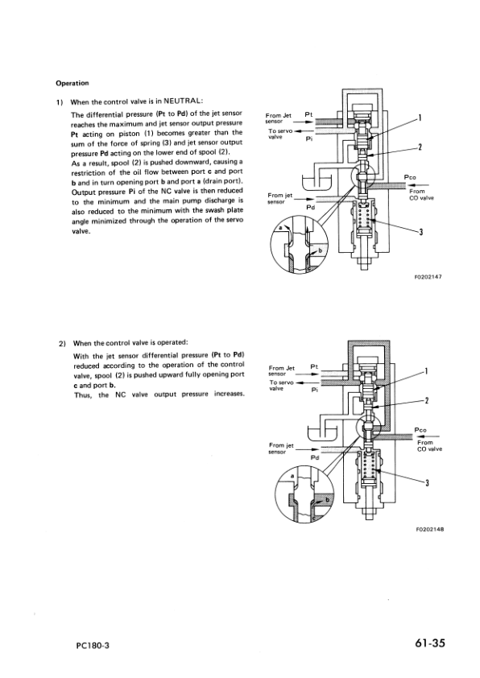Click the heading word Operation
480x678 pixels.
72,82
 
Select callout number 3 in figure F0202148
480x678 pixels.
427,482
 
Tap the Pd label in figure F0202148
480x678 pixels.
315,457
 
